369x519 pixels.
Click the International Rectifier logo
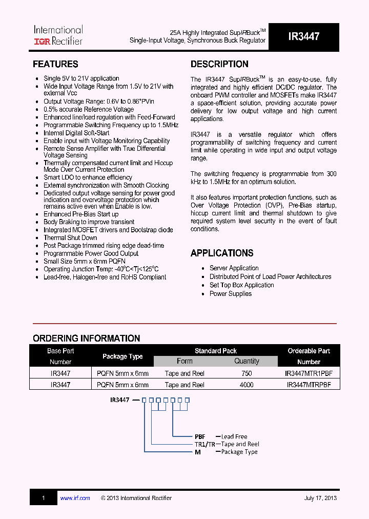58,35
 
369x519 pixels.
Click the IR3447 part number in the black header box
303,36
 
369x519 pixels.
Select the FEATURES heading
55,64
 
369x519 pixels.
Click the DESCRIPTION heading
219,64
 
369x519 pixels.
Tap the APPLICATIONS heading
222,253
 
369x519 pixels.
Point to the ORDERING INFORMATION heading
86,338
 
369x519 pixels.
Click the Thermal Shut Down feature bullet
70,238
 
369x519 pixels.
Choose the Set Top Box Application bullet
241,285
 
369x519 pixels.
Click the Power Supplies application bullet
230,294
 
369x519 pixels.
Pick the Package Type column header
122,356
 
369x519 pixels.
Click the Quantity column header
247,361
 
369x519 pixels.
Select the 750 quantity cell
247,374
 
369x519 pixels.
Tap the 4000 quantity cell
247,385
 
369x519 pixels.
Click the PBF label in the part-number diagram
200,436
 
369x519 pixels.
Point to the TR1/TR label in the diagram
205,444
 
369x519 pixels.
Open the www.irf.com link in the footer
75,498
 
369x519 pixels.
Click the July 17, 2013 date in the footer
320,498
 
